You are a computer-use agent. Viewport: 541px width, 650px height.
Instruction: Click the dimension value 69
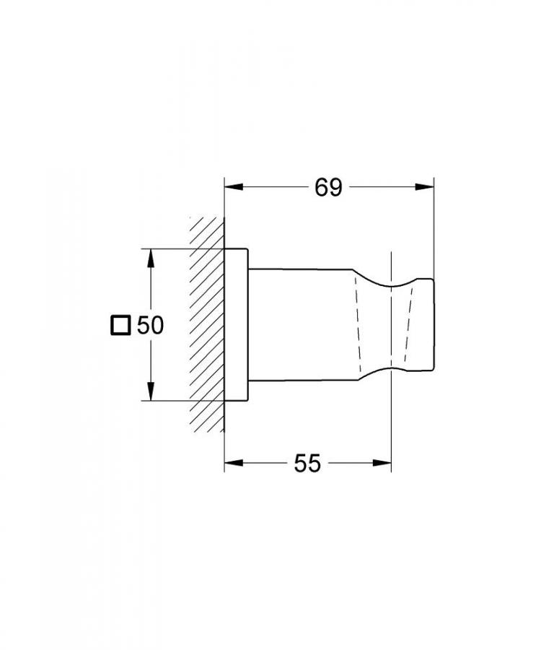click(327, 188)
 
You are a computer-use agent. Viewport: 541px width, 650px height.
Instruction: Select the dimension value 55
click(307, 464)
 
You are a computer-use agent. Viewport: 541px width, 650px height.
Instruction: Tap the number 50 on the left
click(150, 326)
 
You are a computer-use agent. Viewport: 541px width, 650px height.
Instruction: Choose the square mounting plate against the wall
click(237, 325)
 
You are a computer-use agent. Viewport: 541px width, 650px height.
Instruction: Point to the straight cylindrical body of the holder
click(303, 325)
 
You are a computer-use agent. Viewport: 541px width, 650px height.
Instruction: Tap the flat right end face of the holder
click(434, 325)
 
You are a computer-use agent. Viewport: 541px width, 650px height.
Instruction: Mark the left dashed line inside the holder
click(357, 325)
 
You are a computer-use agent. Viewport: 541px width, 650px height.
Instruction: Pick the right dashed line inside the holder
click(409, 325)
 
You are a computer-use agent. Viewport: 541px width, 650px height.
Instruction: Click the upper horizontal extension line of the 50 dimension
click(180, 249)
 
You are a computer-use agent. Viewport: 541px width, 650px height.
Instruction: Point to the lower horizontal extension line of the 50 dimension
click(180, 401)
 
